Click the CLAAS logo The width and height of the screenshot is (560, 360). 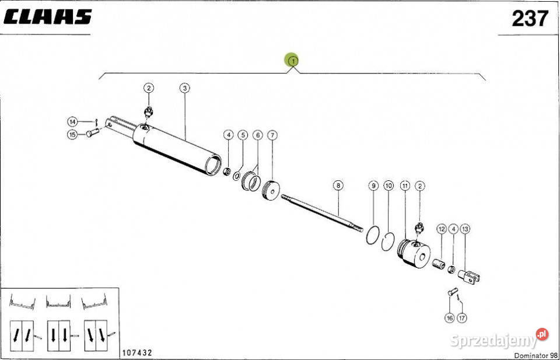pos(48,16)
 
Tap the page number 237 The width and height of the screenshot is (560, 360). pos(530,18)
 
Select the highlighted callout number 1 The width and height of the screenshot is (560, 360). pos(292,61)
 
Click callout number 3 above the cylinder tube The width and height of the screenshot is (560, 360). pos(184,88)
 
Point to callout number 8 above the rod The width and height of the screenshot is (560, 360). pos(338,186)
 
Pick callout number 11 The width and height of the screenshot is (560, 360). pos(405,186)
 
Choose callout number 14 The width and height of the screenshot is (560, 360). pos(72,122)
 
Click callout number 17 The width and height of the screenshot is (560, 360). pos(462,317)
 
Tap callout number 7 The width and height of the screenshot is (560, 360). pos(272,135)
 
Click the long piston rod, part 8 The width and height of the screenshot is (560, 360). pos(321,212)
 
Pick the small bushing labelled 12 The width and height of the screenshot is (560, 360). pos(439,264)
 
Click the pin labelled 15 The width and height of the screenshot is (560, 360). pos(92,133)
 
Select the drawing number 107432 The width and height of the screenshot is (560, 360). pos(138,353)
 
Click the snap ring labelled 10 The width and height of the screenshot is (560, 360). pos(387,242)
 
